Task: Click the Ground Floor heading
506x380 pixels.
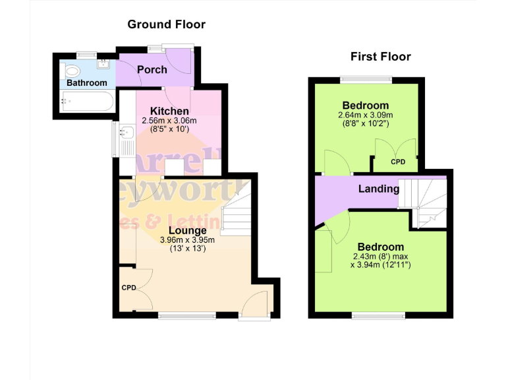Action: pyautogui.click(x=166, y=24)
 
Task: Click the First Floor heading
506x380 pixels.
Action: pyautogui.click(x=380, y=57)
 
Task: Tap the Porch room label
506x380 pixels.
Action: pyautogui.click(x=152, y=69)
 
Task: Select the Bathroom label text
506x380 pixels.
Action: pyautogui.click(x=86, y=83)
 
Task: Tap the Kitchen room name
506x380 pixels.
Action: pyautogui.click(x=169, y=111)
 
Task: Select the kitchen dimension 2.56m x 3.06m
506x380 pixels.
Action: pyautogui.click(x=169, y=121)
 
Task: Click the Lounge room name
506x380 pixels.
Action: pyautogui.click(x=187, y=230)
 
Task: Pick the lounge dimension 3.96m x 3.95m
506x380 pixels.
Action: pyautogui.click(x=187, y=240)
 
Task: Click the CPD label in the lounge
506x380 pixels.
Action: pyautogui.click(x=128, y=288)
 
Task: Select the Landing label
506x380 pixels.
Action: pyautogui.click(x=379, y=189)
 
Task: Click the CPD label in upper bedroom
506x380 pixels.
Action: pyautogui.click(x=397, y=162)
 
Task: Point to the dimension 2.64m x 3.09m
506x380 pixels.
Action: pyautogui.click(x=365, y=114)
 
